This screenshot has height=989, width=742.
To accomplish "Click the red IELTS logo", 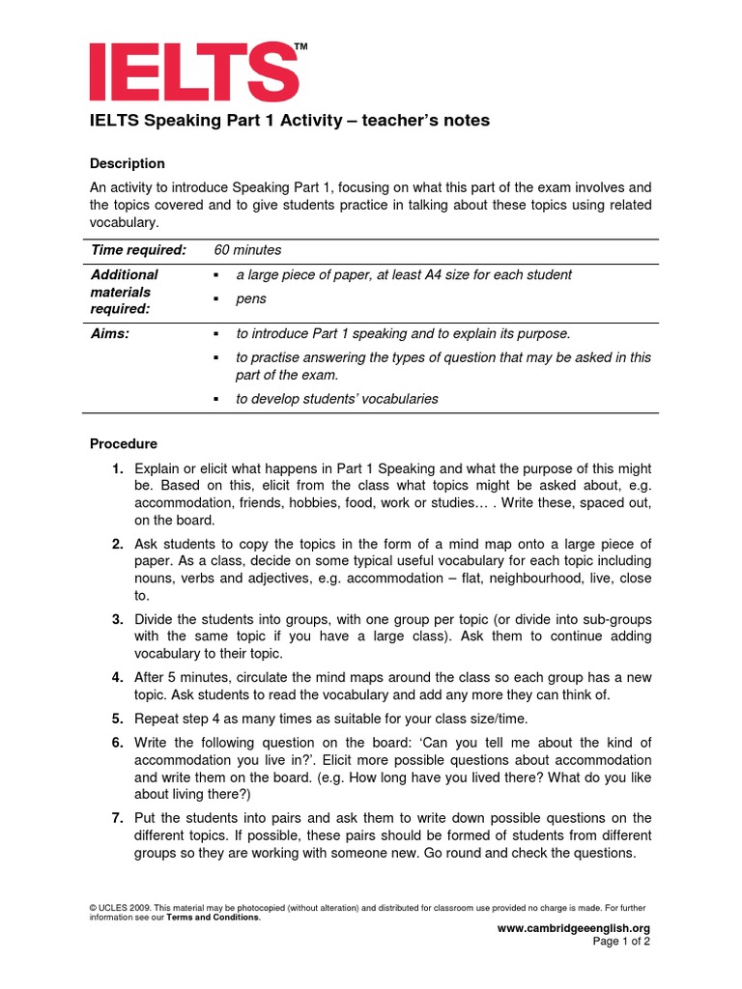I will pyautogui.click(x=193, y=71).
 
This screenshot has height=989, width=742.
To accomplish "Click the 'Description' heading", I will pyautogui.click(x=128, y=163).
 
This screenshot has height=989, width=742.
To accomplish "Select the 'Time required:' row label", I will pyautogui.click(x=137, y=250).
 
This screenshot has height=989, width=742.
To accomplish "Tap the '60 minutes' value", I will pyautogui.click(x=247, y=250).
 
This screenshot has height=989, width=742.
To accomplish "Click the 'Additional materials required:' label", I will pyautogui.click(x=124, y=292).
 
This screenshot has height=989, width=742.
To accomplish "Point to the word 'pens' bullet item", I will pyautogui.click(x=250, y=298).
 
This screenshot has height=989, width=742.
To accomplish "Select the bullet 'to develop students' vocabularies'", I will pyautogui.click(x=336, y=399).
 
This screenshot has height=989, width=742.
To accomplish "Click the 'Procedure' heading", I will pyautogui.click(x=124, y=444).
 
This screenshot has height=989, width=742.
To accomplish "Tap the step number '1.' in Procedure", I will pyautogui.click(x=117, y=468).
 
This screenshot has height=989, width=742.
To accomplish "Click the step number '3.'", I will pyautogui.click(x=117, y=619).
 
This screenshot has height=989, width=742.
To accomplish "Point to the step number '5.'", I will pyautogui.click(x=117, y=719).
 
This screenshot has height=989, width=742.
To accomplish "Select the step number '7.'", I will pyautogui.click(x=117, y=818).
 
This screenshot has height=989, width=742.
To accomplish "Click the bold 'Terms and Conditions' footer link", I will pyautogui.click(x=213, y=918).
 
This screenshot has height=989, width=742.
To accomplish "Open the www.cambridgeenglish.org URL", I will pyautogui.click(x=573, y=928).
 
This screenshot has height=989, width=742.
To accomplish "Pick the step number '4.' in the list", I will pyautogui.click(x=117, y=677).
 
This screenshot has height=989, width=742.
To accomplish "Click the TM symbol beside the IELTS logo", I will pyautogui.click(x=300, y=46).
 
